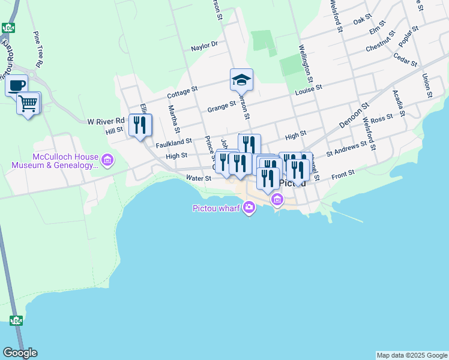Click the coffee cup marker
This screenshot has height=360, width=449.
click(x=17, y=85)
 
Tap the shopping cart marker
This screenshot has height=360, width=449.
click(x=28, y=103)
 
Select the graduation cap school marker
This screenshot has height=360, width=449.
click(x=241, y=79)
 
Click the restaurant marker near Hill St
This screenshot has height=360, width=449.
click(x=140, y=125)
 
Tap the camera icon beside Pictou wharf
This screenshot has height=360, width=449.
click(x=249, y=208)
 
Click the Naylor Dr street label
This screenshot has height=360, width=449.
click(x=204, y=46)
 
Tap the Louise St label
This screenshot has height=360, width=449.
click(x=309, y=88)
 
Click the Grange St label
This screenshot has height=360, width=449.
click(x=221, y=107)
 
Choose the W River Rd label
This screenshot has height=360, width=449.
click(x=106, y=121)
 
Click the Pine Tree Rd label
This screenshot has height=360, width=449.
click(x=39, y=49)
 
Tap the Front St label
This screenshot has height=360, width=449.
click(x=343, y=173)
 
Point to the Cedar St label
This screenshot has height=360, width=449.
click(x=405, y=58)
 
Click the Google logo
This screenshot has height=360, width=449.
click(x=20, y=353)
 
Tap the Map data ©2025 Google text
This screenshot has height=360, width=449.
click(x=411, y=355)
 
